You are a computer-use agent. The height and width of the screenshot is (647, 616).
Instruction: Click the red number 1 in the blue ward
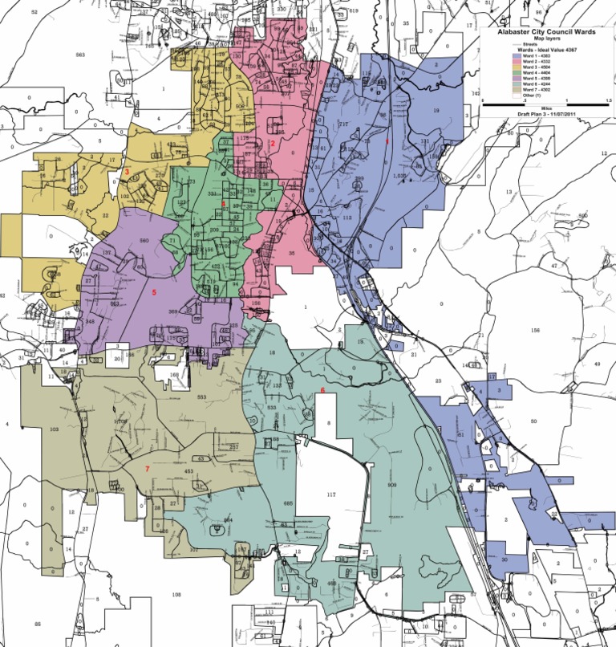click(x=389, y=140)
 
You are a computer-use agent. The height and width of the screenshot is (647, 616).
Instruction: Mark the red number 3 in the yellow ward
click(x=127, y=171)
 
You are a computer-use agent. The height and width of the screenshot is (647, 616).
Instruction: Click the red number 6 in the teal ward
click(x=322, y=390)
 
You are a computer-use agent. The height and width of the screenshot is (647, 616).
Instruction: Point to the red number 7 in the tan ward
click(x=146, y=467)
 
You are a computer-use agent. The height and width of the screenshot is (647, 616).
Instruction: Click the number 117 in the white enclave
click(x=330, y=495)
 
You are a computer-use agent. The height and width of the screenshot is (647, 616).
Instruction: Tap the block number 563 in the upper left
click(x=79, y=55)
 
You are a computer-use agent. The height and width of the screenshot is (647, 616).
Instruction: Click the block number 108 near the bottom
click(x=176, y=594)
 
